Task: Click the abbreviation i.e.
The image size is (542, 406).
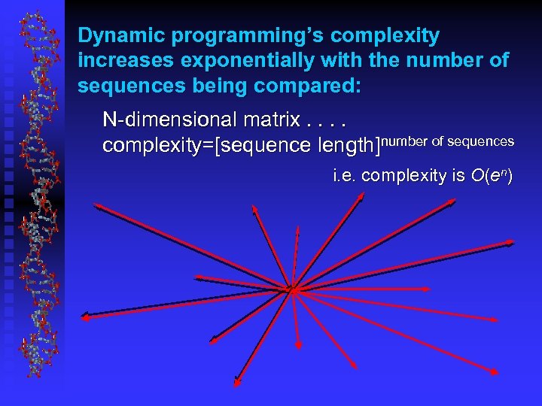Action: pyautogui.click(x=346, y=177)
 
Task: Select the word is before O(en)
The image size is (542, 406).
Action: pyautogui.click(x=456, y=177)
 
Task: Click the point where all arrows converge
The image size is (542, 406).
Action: pyautogui.click(x=293, y=287)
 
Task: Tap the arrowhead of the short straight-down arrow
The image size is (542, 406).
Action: pyautogui.click(x=298, y=347)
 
